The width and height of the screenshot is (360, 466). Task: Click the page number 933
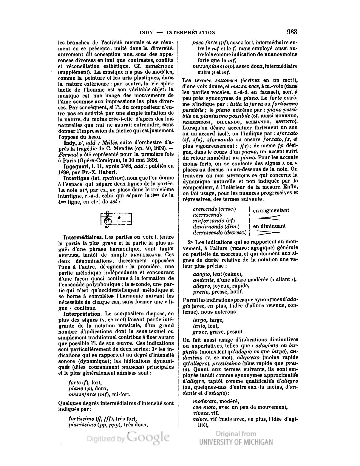pyautogui.click(x=292, y=32)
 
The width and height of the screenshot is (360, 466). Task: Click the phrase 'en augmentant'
pyautogui.click(x=271, y=210)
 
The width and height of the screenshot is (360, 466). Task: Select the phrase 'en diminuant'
pyautogui.click(x=269, y=226)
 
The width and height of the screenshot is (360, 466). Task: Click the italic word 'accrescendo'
pyautogui.click(x=208, y=215)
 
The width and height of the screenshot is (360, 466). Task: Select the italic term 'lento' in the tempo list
pyautogui.click(x=199, y=326)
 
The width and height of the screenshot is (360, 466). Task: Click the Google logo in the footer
pyautogui.click(x=148, y=437)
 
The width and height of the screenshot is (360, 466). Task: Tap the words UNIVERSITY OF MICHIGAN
pyautogui.click(x=236, y=442)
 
